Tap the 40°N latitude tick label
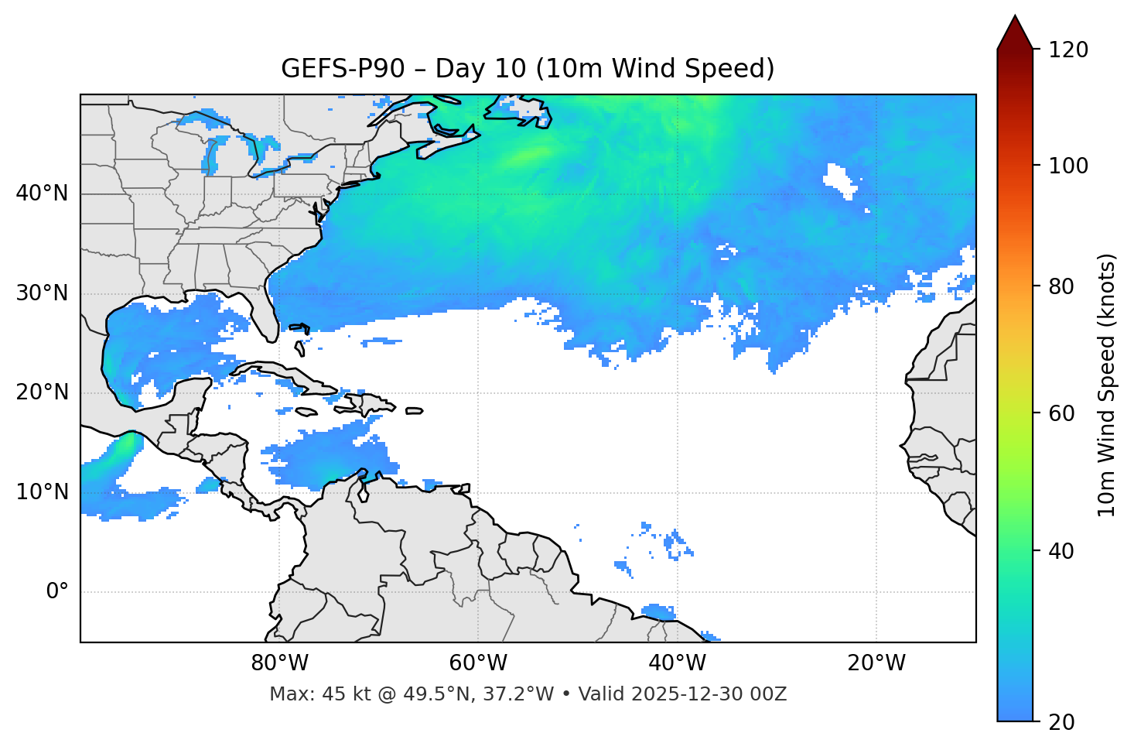(x=42, y=193)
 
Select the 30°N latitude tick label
(x=42, y=293)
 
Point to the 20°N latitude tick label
(x=42, y=392)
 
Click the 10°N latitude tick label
(x=42, y=492)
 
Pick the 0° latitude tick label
(x=56, y=592)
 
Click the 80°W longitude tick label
(x=279, y=663)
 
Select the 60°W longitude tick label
(x=478, y=663)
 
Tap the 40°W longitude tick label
(x=677, y=663)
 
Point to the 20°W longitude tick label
(x=876, y=663)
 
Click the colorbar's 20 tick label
(x=1062, y=721)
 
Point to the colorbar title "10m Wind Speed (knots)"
(x=1107, y=385)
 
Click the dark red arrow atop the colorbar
(x=1015, y=33)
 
